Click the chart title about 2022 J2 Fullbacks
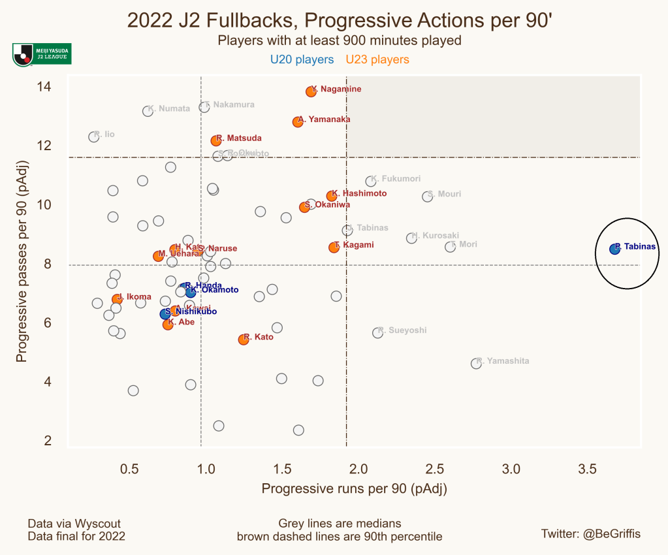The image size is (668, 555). (x=340, y=20)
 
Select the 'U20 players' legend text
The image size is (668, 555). (x=302, y=60)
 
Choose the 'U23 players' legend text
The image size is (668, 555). (x=377, y=60)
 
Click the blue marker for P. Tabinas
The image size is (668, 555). (x=614, y=249)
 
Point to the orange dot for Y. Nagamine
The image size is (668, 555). (x=311, y=91)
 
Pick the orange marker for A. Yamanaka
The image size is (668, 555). (x=298, y=122)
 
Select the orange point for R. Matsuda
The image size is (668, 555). (x=215, y=140)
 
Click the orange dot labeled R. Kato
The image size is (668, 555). (x=244, y=340)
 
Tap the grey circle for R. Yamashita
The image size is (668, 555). (x=476, y=364)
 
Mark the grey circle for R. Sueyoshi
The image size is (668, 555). (x=377, y=333)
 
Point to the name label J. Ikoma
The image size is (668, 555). (x=135, y=297)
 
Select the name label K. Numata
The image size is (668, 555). (x=169, y=108)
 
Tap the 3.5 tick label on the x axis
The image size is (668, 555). (x=587, y=469)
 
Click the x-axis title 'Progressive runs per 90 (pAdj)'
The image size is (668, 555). (x=354, y=488)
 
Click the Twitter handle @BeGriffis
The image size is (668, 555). (x=591, y=534)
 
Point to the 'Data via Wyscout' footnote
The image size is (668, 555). (x=74, y=524)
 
